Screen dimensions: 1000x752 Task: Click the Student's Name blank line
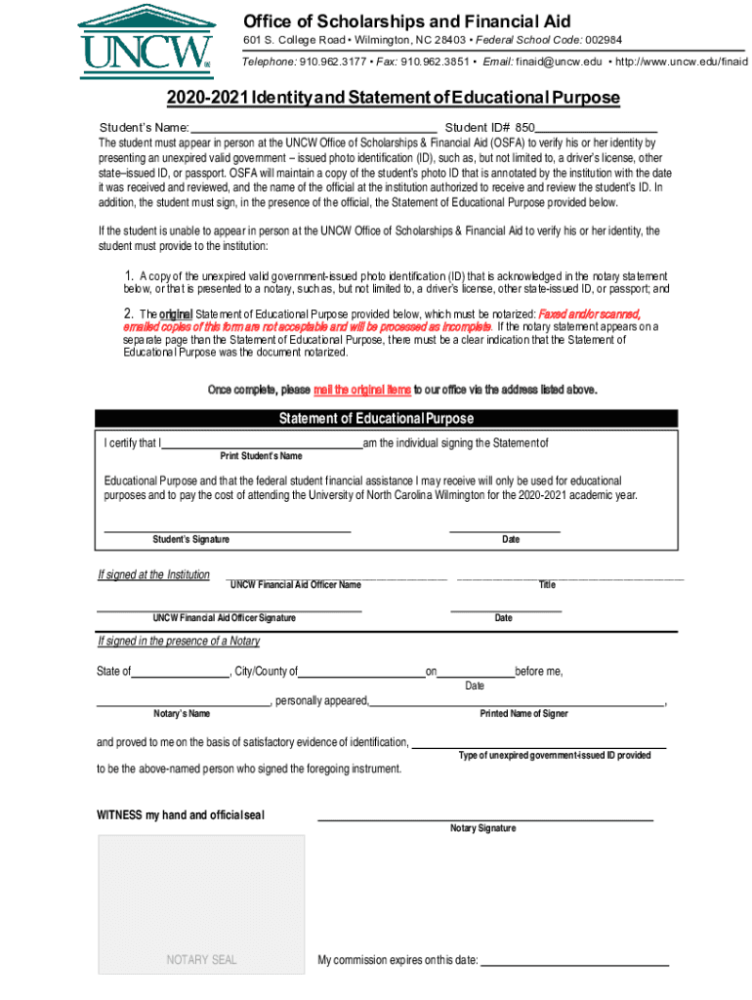click(313, 128)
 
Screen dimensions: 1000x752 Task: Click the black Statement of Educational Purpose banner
click(376, 419)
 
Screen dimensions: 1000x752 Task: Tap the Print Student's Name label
click(261, 456)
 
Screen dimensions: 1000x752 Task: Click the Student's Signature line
click(227, 529)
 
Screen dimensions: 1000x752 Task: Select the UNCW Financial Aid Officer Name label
click(295, 585)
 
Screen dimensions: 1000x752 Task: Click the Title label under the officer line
click(547, 585)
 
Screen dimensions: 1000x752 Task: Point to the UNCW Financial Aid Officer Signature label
click(224, 618)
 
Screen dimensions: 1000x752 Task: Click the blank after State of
click(180, 671)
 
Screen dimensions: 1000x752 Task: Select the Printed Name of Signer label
click(523, 714)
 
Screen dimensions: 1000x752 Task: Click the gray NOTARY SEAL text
click(201, 959)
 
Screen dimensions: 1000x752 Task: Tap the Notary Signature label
click(482, 828)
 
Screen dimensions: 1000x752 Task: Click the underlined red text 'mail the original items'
click(361, 390)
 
